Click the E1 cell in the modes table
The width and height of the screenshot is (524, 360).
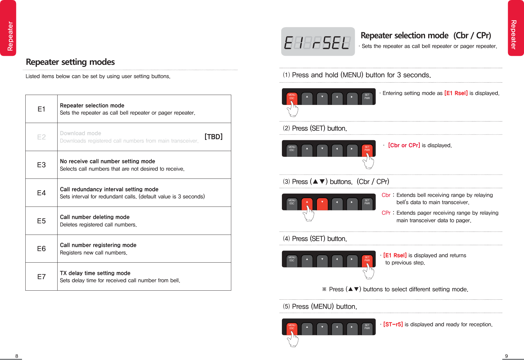(41, 109)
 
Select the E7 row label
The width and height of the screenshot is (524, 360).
(41, 277)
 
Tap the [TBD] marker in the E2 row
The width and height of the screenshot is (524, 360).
(213, 137)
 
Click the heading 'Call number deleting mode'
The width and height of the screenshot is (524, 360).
(95, 217)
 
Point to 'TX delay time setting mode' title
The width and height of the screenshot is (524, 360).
(95, 273)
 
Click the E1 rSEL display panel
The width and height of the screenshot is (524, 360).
(318, 42)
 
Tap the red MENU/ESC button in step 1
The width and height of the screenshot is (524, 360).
(292, 97)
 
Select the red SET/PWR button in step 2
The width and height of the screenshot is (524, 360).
(367, 149)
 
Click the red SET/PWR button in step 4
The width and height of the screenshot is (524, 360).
(367, 259)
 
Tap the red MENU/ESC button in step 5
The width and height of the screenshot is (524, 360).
(292, 327)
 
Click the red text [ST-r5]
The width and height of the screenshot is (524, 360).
(393, 324)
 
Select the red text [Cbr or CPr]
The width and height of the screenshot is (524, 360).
(404, 145)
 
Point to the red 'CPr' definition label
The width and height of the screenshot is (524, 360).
(386, 213)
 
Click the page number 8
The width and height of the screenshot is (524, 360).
(17, 356)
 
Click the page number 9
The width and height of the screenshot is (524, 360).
(507, 356)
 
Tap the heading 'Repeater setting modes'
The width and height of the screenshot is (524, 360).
(70, 62)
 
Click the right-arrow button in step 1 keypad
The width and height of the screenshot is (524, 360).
(352, 97)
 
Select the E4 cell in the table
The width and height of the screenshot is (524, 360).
(41, 193)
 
